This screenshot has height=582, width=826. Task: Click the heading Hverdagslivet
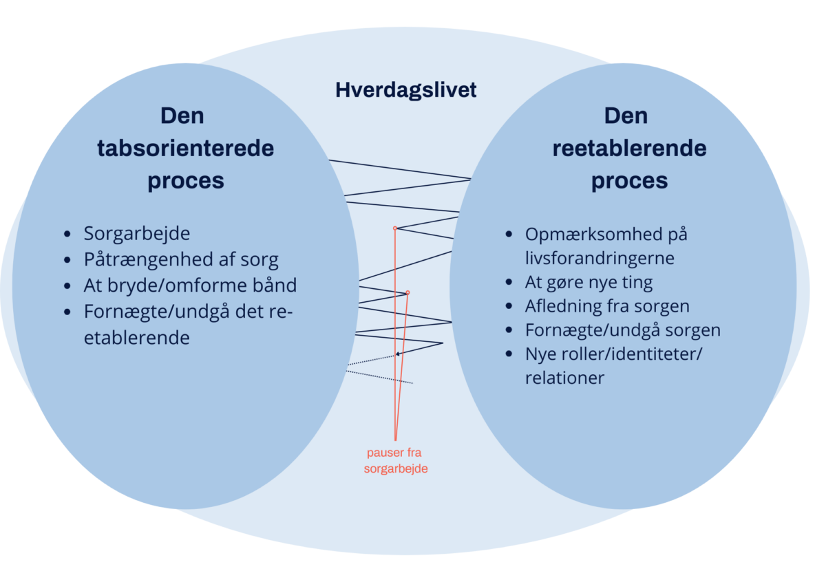click(x=405, y=90)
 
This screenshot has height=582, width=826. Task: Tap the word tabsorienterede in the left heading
click(x=185, y=148)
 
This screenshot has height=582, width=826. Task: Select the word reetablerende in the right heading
click(x=629, y=148)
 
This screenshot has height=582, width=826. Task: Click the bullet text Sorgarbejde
click(x=137, y=233)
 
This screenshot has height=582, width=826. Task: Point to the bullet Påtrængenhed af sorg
click(x=181, y=259)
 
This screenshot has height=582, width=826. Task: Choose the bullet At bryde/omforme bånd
click(x=190, y=285)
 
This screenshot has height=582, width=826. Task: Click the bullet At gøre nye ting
click(x=589, y=282)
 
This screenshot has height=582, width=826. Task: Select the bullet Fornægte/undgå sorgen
click(x=622, y=330)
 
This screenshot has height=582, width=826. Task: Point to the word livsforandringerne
click(x=600, y=258)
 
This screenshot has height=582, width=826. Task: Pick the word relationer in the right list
click(x=564, y=378)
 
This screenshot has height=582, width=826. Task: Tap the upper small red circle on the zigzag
click(x=395, y=228)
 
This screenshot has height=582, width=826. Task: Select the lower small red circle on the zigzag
click(x=407, y=292)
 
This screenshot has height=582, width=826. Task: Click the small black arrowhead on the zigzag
click(x=397, y=354)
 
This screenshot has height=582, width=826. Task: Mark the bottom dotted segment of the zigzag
click(x=379, y=377)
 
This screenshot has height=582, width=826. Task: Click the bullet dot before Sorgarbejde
click(x=67, y=234)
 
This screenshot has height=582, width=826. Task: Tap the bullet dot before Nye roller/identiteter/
click(x=509, y=354)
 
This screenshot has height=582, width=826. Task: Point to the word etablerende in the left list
click(x=137, y=338)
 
